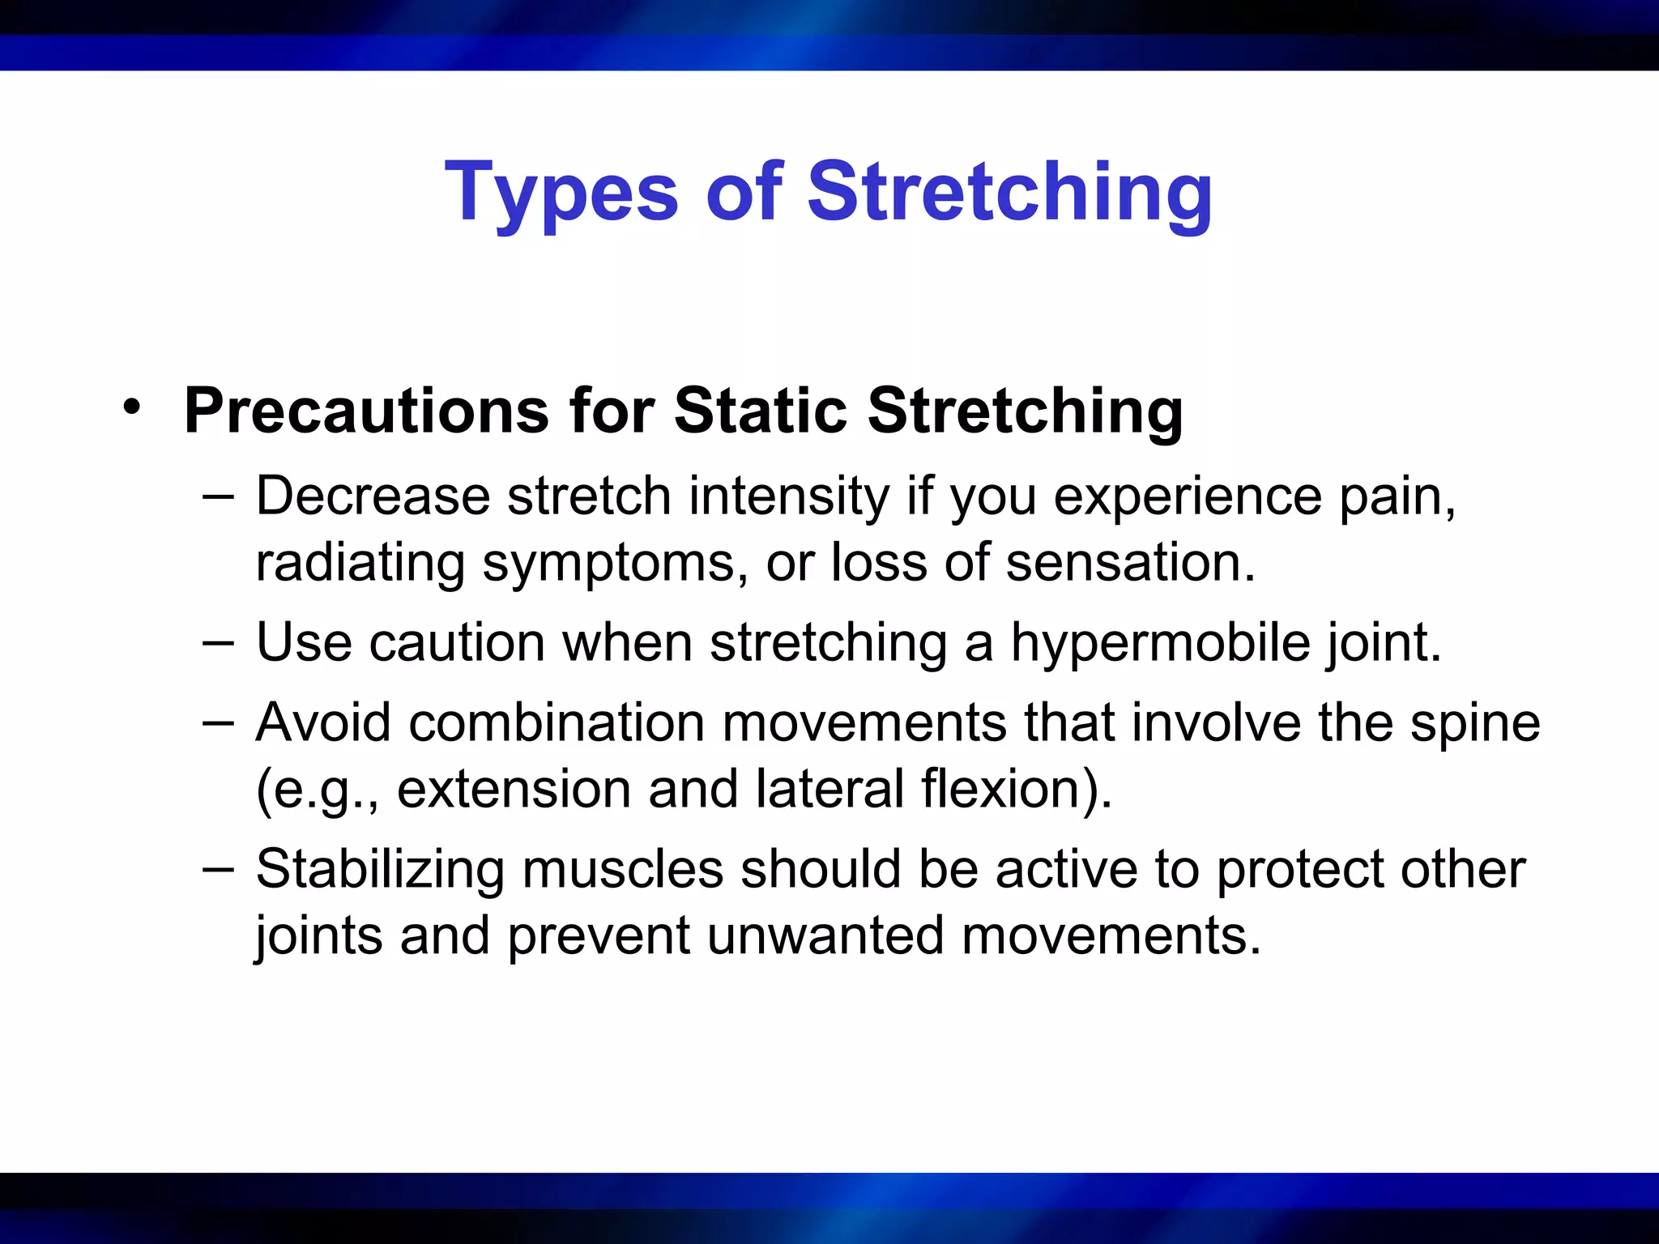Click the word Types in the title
(561, 193)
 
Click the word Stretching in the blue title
(1009, 193)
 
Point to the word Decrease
(373, 496)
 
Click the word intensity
(788, 496)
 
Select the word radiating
(360, 562)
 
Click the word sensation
(1129, 562)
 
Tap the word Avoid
(322, 722)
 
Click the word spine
(1474, 723)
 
